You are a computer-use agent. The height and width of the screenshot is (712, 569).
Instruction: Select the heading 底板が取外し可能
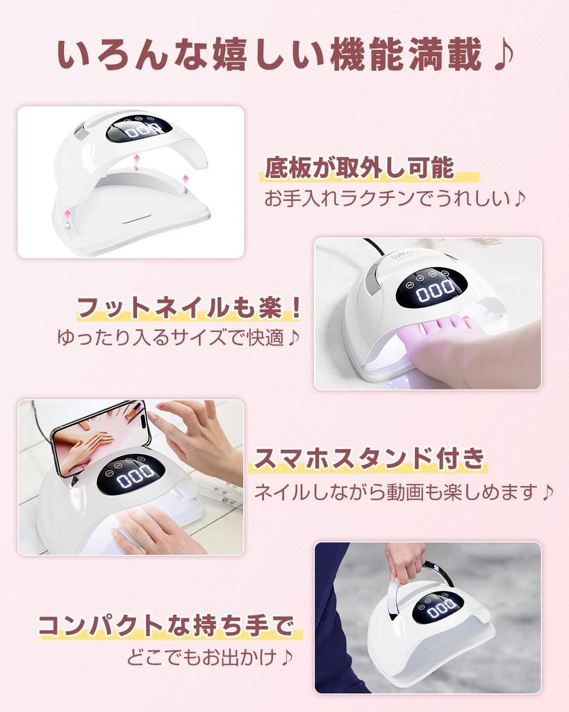[359, 168]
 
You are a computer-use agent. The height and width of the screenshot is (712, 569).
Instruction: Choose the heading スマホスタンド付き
[369, 459]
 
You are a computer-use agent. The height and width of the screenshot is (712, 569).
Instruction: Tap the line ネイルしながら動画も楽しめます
[395, 492]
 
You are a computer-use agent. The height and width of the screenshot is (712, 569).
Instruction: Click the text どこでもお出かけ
[201, 656]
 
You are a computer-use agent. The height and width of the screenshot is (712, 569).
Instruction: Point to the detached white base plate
[132, 212]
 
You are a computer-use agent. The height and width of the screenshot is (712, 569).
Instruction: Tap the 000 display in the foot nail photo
[435, 289]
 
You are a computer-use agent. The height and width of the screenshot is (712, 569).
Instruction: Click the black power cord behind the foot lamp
[374, 248]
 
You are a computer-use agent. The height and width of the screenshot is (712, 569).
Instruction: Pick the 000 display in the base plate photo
[137, 130]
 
